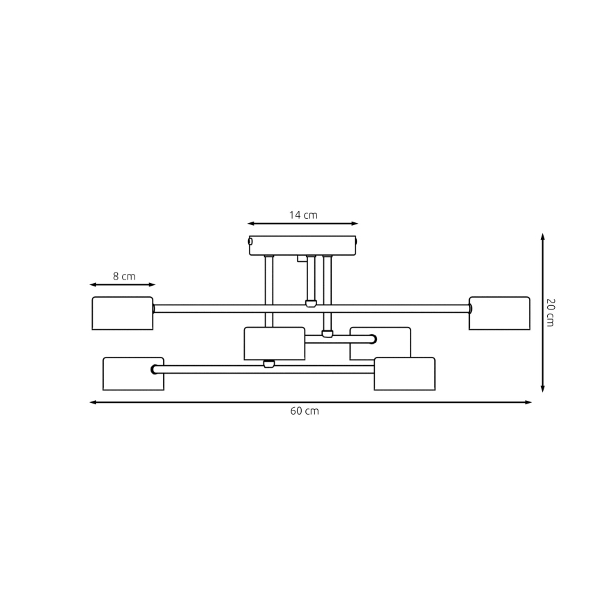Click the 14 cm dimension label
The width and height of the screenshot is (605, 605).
(303, 215)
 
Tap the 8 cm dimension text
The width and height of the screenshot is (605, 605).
(124, 277)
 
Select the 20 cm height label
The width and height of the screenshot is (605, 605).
(550, 312)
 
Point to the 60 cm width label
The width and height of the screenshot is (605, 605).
(305, 411)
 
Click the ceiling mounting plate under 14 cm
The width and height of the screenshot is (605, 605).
(302, 245)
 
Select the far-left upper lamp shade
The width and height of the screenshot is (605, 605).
(123, 313)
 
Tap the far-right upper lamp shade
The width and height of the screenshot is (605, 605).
(499, 313)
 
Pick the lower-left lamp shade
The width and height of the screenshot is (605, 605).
(133, 374)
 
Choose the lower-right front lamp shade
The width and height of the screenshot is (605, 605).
(404, 374)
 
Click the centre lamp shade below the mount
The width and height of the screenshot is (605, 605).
(274, 343)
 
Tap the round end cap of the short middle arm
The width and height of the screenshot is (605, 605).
(373, 339)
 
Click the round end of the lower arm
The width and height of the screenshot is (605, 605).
(154, 369)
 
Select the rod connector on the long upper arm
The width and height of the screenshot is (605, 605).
(311, 303)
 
